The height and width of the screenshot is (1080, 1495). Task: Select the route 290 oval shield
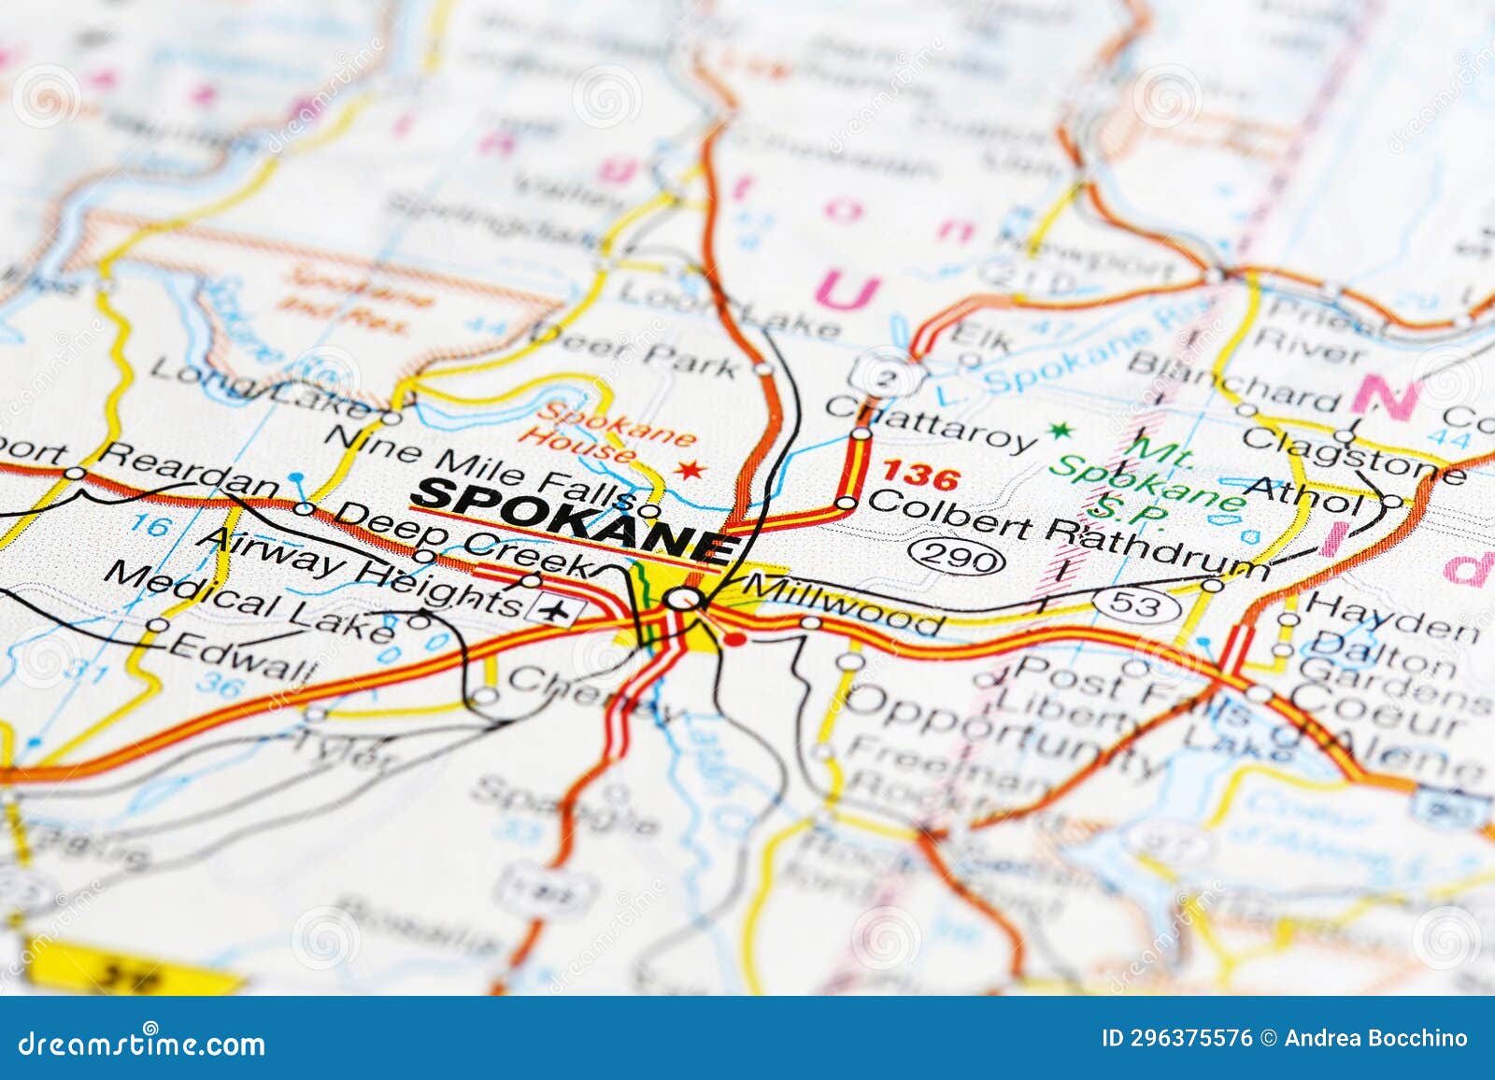click(x=958, y=558)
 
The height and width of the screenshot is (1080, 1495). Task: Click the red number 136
click(x=921, y=477)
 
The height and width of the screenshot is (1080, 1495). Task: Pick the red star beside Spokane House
click(x=691, y=470)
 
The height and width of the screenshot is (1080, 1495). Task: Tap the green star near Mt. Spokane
click(x=1059, y=431)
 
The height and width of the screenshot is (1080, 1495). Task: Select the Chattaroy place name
click(x=932, y=422)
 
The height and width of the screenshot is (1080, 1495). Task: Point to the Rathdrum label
click(x=1157, y=547)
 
